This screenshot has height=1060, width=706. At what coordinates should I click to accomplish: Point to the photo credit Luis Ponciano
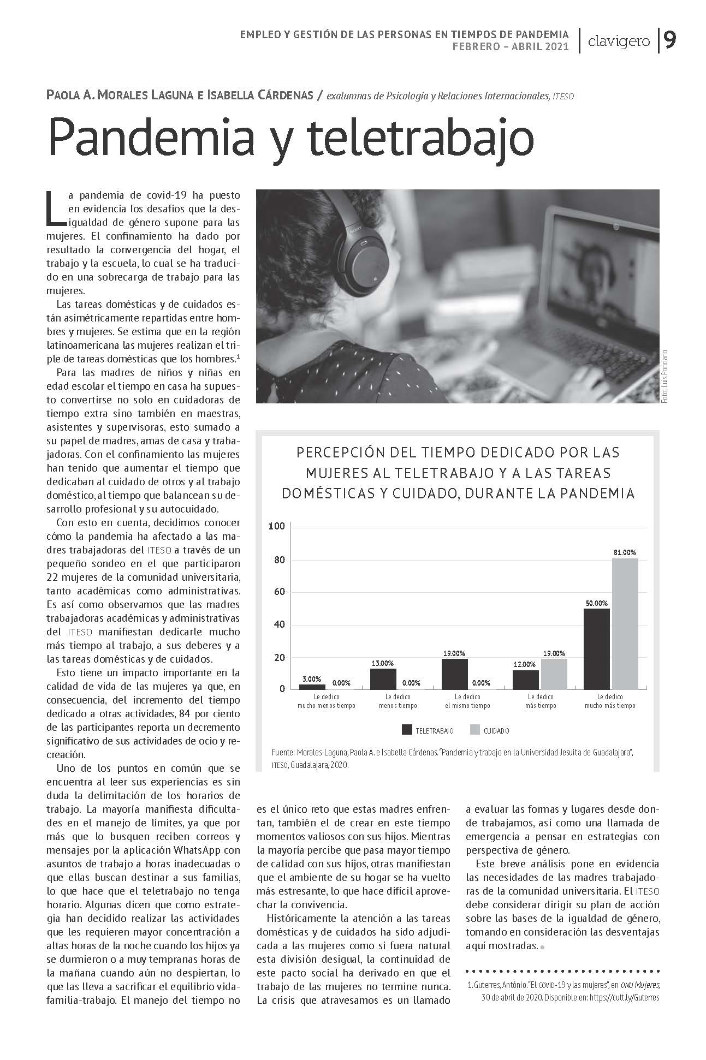click(665, 376)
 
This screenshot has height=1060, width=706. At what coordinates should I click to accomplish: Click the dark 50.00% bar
click(596, 648)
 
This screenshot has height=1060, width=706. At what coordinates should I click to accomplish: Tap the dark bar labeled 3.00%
click(312, 686)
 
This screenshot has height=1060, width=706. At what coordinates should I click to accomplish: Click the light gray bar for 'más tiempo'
click(554, 673)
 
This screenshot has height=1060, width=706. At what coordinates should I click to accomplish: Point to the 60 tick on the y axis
click(278, 592)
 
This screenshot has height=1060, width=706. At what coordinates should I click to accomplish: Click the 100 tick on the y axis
click(277, 526)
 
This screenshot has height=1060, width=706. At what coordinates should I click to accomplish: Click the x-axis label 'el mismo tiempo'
click(467, 705)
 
